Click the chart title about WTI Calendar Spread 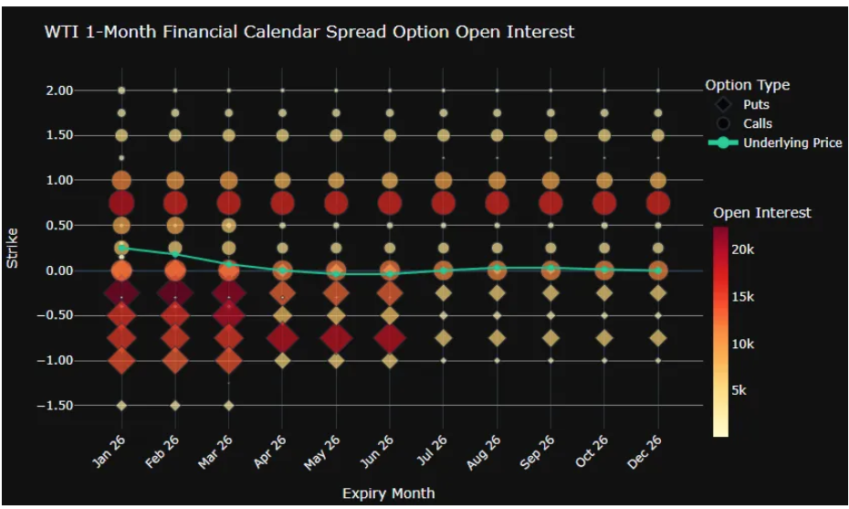309,32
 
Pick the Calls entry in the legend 757,123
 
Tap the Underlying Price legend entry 791,143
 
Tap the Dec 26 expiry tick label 649,451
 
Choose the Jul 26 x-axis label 435,451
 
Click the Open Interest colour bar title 761,213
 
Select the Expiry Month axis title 388,493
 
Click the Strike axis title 13,248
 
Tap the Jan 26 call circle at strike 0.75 121,203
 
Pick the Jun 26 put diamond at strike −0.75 390,338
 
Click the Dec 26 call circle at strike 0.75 657,203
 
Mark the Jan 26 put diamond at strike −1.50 121,405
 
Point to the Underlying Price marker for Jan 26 121,248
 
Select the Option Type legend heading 747,85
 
